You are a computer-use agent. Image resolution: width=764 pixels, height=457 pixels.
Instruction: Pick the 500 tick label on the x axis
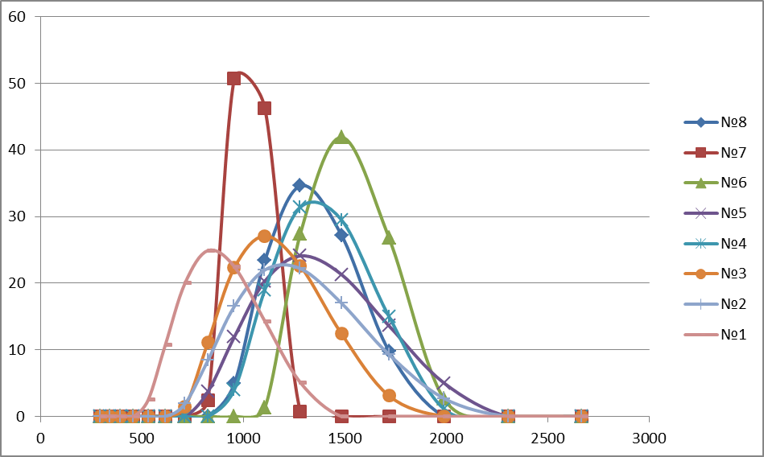pos(142,438)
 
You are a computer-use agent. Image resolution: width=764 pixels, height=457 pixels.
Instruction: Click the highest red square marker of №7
pos(233,78)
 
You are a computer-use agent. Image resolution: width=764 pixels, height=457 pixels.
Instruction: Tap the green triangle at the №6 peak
pos(341,137)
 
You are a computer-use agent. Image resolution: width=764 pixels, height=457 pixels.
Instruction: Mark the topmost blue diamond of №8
pos(299,185)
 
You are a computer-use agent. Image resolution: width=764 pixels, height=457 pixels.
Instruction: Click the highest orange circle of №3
pos(264,236)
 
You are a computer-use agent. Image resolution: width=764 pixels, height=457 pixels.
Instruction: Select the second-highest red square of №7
pos(264,108)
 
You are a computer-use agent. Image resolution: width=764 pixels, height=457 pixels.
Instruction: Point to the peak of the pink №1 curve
pos(211,250)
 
